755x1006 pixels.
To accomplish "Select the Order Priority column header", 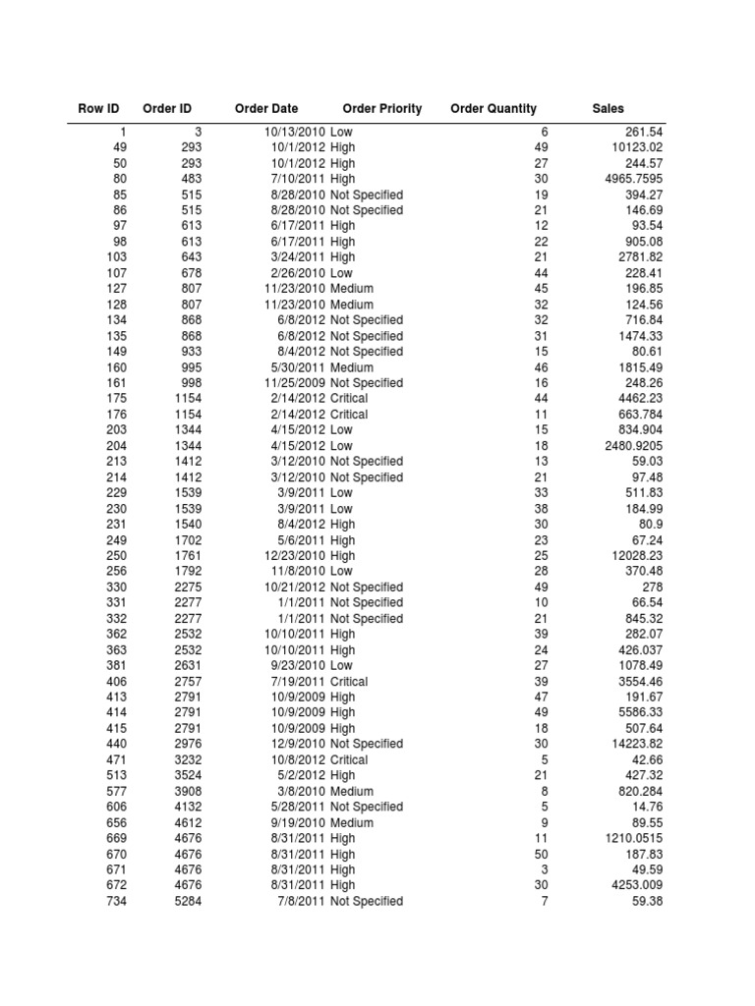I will coord(381,108).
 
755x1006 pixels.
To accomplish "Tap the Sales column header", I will coord(608,108).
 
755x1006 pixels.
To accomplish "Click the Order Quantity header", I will coord(493,108).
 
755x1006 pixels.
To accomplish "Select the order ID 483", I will coord(191,179).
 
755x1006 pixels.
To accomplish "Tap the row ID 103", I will coord(116,257).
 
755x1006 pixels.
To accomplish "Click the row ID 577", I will coord(116,792).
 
